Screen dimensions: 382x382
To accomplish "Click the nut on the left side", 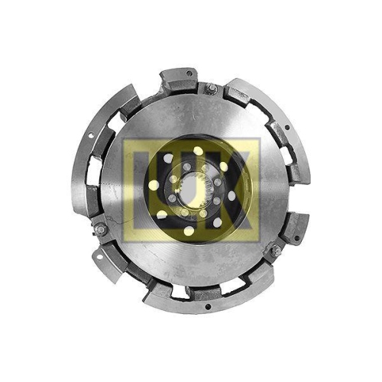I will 99,228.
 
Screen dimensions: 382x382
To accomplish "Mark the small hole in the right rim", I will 287,128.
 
